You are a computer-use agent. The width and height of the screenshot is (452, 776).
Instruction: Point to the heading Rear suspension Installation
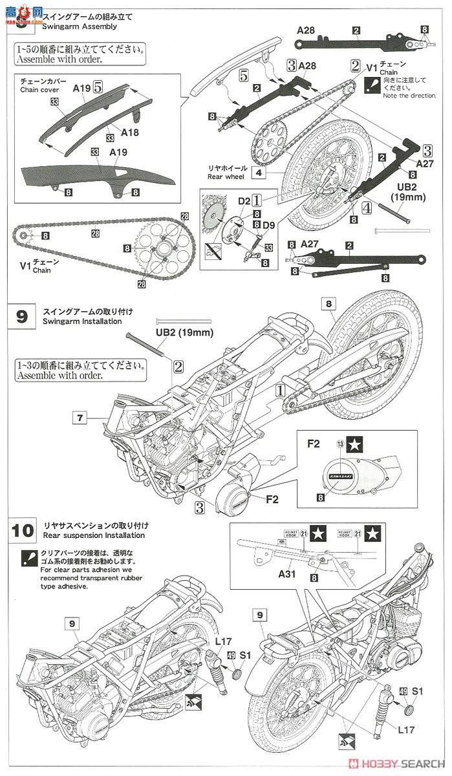94,535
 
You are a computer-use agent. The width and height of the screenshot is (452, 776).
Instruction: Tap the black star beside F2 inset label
354,444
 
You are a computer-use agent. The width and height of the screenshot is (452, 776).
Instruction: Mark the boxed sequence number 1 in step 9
279,390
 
